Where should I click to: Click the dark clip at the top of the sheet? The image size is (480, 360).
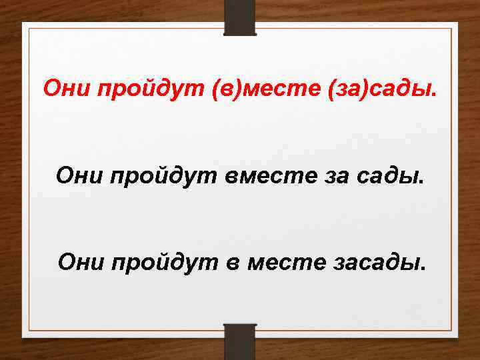point(240,17)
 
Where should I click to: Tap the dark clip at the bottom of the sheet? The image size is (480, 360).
point(240,341)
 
